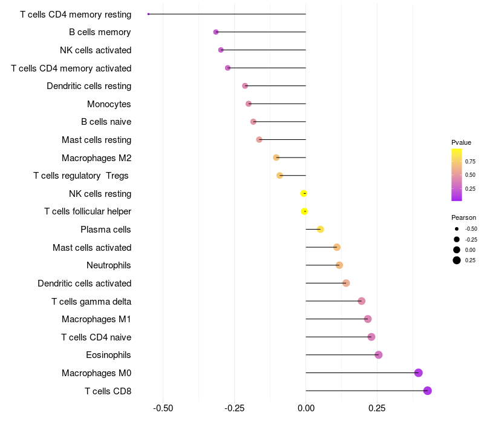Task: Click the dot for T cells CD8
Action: click(x=427, y=391)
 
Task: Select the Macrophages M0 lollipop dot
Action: click(x=418, y=373)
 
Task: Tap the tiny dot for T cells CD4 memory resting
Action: click(x=148, y=14)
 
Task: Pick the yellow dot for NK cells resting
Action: click(x=304, y=193)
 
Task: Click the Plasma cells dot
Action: click(x=321, y=230)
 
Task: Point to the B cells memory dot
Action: click(x=216, y=32)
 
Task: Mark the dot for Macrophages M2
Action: click(x=276, y=157)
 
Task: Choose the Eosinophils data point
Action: click(x=379, y=355)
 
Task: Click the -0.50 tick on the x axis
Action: click(x=163, y=408)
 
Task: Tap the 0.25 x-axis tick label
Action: click(x=377, y=408)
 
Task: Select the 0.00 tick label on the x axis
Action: click(x=306, y=408)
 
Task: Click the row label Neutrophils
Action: click(x=109, y=265)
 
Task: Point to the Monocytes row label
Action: click(x=109, y=104)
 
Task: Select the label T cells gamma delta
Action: click(x=91, y=301)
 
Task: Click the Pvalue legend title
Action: click(x=461, y=142)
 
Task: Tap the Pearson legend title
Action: click(x=463, y=217)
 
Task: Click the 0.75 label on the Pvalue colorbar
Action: click(x=470, y=162)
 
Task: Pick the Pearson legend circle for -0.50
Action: click(x=457, y=229)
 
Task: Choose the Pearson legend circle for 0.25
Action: click(x=457, y=260)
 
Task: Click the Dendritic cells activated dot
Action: click(x=346, y=283)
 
